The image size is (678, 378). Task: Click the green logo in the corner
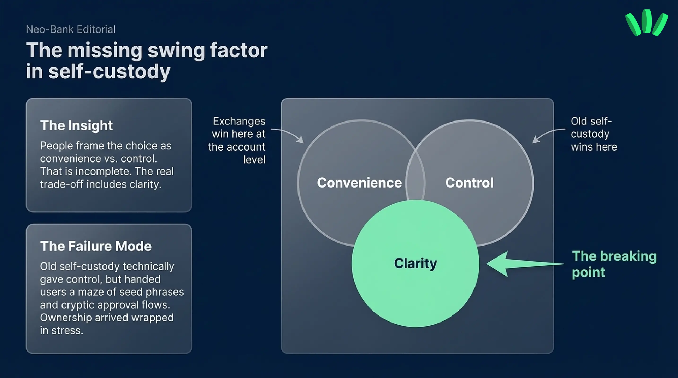[x=646, y=23]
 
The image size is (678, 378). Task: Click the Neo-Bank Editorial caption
[x=71, y=30]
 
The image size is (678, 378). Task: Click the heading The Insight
[x=76, y=125]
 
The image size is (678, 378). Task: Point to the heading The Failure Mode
[x=96, y=246]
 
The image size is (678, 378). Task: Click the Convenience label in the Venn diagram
[x=359, y=183]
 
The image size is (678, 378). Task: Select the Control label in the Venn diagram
[x=469, y=183]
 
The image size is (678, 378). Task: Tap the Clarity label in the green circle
[x=415, y=263]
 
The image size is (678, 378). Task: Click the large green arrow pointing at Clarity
[x=525, y=264]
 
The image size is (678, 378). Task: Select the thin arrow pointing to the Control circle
[x=548, y=135]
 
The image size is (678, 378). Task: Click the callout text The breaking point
[x=614, y=264]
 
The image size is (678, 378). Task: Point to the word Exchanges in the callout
[x=239, y=121]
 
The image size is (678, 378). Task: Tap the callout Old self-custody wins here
[x=594, y=134]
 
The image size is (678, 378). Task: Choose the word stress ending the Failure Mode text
[x=67, y=331]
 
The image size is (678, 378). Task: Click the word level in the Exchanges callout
[x=254, y=160]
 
